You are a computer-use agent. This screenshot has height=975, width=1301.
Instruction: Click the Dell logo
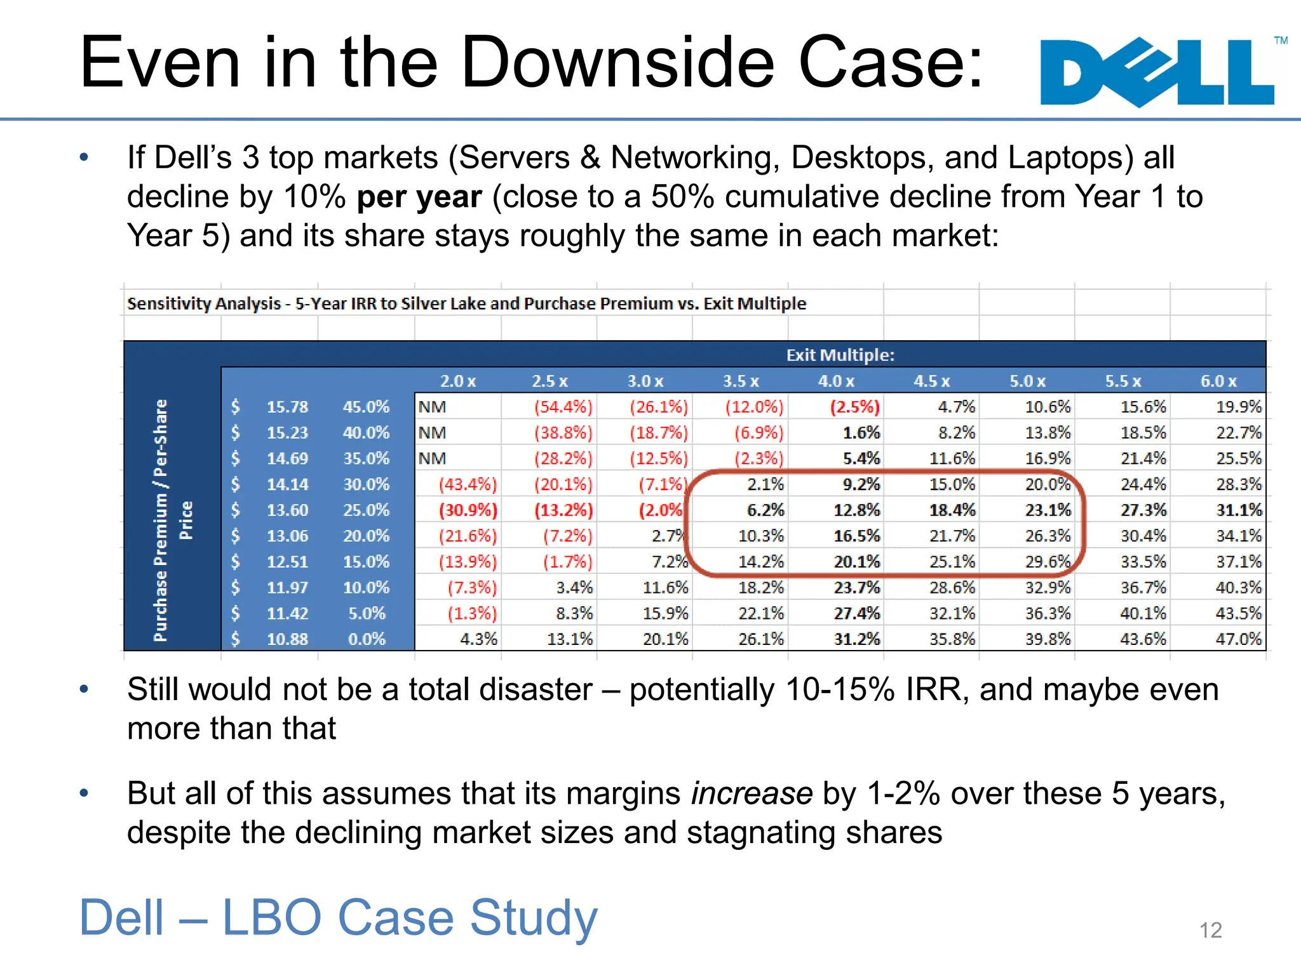tap(1157, 72)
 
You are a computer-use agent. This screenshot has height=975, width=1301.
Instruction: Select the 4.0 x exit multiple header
tap(835, 381)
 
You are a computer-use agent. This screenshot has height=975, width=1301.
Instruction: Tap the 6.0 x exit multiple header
tap(1218, 381)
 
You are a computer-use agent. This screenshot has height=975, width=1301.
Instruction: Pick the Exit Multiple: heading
tap(840, 355)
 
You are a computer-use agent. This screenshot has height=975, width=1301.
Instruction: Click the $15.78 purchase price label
tap(286, 407)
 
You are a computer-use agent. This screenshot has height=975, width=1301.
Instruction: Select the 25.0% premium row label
tap(366, 510)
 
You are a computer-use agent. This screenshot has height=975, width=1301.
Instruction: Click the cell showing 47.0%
tap(1238, 639)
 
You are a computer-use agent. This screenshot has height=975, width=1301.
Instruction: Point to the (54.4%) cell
tap(563, 407)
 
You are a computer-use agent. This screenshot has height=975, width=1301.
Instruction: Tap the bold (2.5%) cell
tap(855, 407)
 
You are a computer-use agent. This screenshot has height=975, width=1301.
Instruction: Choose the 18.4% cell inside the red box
tap(952, 510)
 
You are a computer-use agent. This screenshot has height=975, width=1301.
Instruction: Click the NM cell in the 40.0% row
tap(432, 433)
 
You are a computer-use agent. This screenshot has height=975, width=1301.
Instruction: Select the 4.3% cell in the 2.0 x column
tap(478, 639)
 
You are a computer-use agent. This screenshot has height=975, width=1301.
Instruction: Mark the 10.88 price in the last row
tap(286, 639)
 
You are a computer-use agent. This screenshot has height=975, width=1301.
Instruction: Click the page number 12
tap(1210, 930)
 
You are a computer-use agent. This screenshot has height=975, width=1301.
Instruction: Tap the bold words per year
tap(419, 197)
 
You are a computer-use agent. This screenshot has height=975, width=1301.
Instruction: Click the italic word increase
tap(752, 793)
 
